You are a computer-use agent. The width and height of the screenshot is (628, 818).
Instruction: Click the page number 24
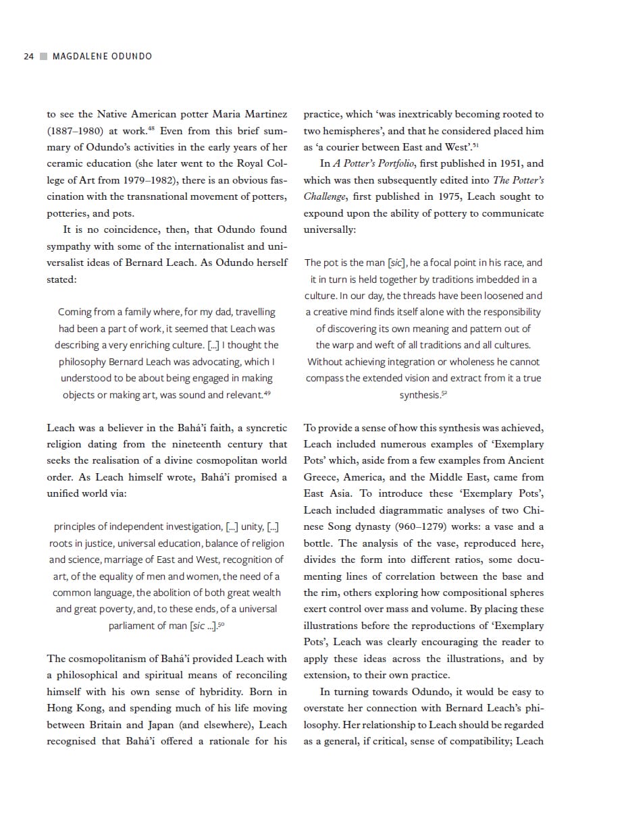[28, 56]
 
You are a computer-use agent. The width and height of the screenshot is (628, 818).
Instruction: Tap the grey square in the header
[43, 56]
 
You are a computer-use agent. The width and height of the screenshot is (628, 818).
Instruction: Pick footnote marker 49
[267, 392]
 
